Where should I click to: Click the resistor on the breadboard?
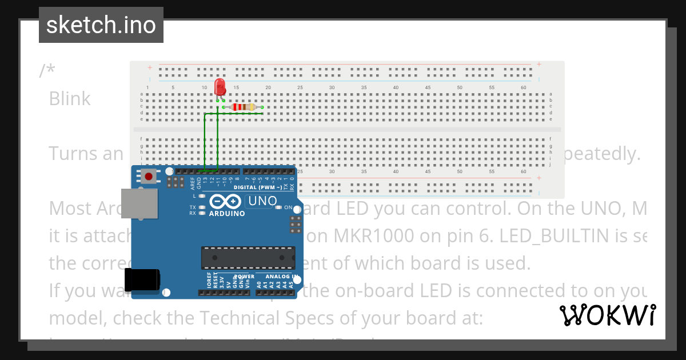245,107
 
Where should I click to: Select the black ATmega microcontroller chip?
248,258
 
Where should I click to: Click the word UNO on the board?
261,201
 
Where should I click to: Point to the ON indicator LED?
278,207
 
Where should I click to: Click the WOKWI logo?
608,315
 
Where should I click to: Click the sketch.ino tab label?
101,25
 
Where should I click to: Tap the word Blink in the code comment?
70,98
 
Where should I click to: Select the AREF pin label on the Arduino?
192,182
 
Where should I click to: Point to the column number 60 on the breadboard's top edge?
523,87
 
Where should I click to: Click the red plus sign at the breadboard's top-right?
539,65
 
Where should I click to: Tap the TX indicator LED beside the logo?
200,207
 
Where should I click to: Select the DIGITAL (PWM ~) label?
258,187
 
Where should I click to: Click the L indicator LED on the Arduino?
200,196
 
